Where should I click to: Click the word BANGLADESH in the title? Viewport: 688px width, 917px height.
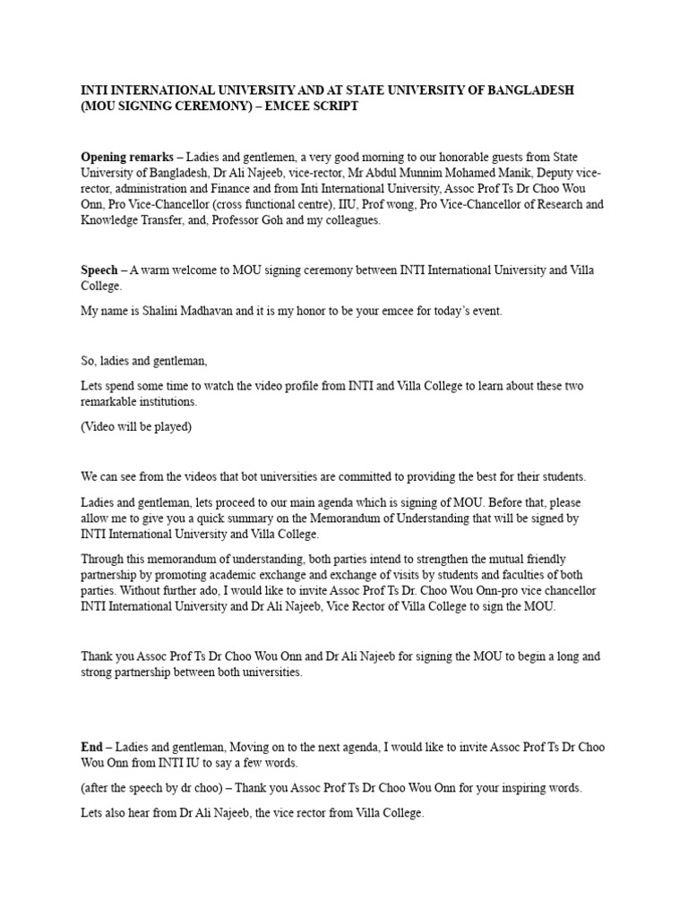pos(529,91)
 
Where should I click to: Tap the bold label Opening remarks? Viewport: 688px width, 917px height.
pos(127,157)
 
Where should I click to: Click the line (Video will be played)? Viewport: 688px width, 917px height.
pos(136,426)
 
